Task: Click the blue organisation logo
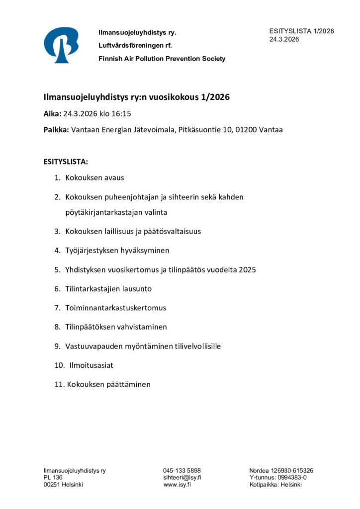coord(61,45)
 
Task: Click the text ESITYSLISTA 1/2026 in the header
coord(301,31)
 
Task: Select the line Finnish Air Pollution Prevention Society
coord(162,59)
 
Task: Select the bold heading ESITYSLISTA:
coord(66,162)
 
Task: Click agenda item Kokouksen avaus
coord(94,177)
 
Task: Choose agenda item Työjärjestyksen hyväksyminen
coord(117,251)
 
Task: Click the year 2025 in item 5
coord(247,270)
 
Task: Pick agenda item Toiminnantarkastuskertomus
coord(115,308)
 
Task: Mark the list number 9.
coord(57,346)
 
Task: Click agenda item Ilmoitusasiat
coord(91,365)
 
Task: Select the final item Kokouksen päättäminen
coord(108,384)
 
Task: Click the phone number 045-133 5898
coord(182,471)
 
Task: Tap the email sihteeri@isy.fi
coord(182,478)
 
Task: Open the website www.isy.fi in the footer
coord(177,485)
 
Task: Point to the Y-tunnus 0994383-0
coord(292,478)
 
